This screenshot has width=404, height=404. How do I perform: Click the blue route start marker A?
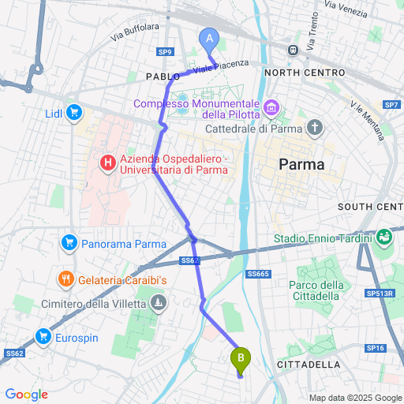pyautogui.click(x=209, y=38)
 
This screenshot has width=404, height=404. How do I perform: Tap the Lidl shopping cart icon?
pyautogui.click(x=75, y=113)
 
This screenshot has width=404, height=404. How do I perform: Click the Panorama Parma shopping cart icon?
pyautogui.click(x=69, y=242)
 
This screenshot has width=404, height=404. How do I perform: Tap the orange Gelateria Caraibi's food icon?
pyautogui.click(x=65, y=279)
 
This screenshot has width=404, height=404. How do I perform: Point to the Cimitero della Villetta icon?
pyautogui.click(x=159, y=301)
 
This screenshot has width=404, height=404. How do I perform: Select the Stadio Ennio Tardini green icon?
pyautogui.click(x=384, y=236)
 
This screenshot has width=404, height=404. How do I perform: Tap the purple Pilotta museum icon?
pyautogui.click(x=271, y=106)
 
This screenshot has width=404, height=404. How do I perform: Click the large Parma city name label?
pyautogui.click(x=303, y=166)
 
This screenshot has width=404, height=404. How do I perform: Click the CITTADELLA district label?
pyautogui.click(x=309, y=365)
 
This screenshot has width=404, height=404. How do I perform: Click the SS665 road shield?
pyautogui.click(x=257, y=274)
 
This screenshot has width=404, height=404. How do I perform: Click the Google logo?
pyautogui.click(x=27, y=394)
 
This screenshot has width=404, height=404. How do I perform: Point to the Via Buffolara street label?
pyautogui.click(x=135, y=32)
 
